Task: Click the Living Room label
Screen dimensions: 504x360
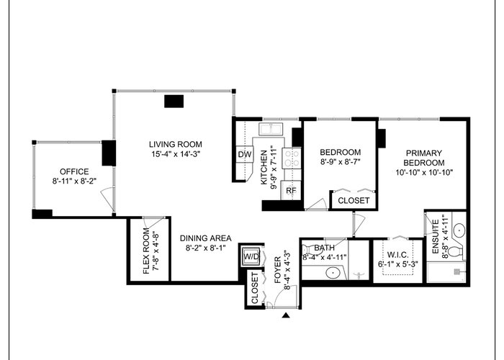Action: pyautogui.click(x=176, y=144)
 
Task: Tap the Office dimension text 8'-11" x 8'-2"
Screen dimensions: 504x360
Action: pyautogui.click(x=75, y=181)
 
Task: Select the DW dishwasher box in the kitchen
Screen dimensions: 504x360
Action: pyautogui.click(x=245, y=155)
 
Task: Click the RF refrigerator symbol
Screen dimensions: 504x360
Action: pyautogui.click(x=291, y=190)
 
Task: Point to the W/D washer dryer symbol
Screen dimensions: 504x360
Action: pyautogui.click(x=251, y=256)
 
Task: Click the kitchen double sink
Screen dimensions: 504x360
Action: pyautogui.click(x=271, y=129)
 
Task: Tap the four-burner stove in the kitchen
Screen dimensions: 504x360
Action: pyautogui.click(x=292, y=158)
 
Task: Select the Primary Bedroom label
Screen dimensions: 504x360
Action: pyautogui.click(x=424, y=158)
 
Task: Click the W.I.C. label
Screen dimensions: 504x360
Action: pyautogui.click(x=398, y=255)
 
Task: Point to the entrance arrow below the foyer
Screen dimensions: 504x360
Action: pyautogui.click(x=286, y=315)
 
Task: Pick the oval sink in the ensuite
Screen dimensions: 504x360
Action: pyautogui.click(x=459, y=230)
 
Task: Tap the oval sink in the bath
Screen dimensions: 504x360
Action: pyautogui.click(x=333, y=273)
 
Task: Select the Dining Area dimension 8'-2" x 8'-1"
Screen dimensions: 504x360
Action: pyautogui.click(x=206, y=248)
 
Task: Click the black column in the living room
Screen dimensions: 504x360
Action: pyautogui.click(x=174, y=102)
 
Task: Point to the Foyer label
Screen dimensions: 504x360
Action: pyautogui.click(x=278, y=270)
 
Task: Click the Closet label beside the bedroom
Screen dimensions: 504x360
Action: pyautogui.click(x=354, y=201)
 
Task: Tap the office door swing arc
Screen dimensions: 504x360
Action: pyautogui.click(x=105, y=197)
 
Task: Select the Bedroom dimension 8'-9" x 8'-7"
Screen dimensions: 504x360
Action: pyautogui.click(x=341, y=162)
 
